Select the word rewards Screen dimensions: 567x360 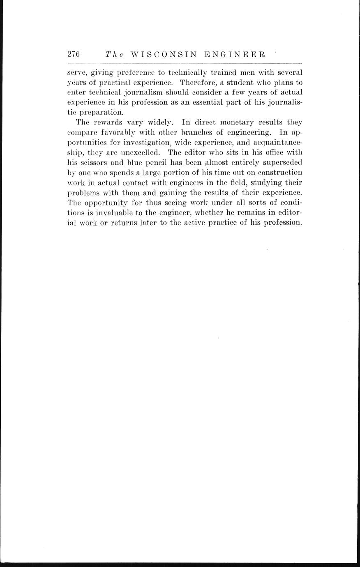pos(108,122)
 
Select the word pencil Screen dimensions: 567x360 pos(152,162)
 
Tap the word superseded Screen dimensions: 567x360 pos(281,162)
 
